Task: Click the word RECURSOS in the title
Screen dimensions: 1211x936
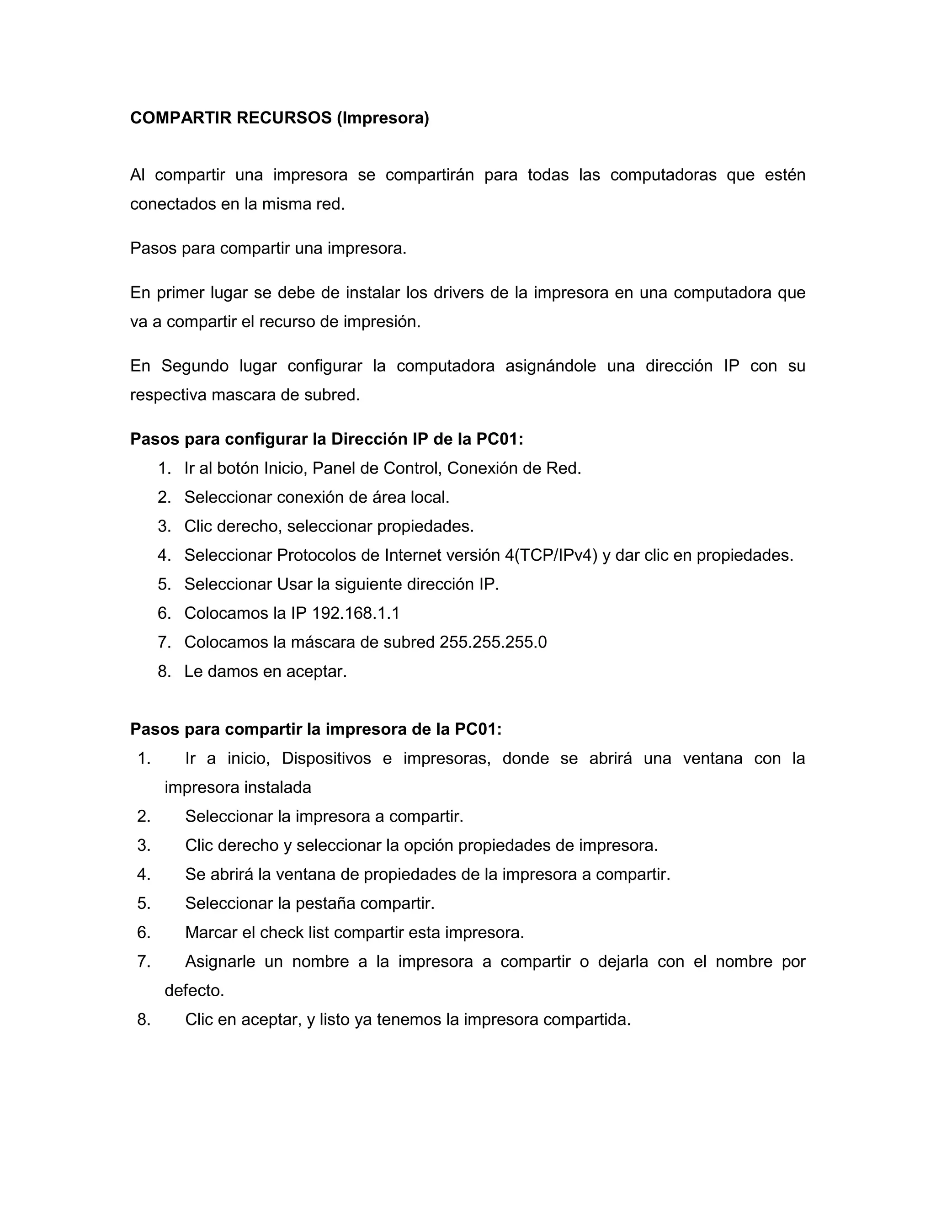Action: click(x=283, y=118)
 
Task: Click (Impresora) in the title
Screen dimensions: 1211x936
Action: click(x=383, y=118)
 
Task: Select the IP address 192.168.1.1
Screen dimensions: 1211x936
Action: click(x=356, y=613)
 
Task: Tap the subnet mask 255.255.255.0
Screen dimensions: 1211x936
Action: click(x=493, y=642)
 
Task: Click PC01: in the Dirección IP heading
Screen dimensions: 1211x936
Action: click(x=500, y=439)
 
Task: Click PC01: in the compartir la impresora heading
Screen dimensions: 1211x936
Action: click(x=478, y=729)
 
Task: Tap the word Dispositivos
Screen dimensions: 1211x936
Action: click(x=326, y=759)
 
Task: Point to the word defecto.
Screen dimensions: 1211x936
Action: click(x=194, y=990)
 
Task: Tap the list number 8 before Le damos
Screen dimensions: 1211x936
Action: click(x=164, y=671)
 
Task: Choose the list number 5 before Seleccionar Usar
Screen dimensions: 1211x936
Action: click(x=164, y=584)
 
